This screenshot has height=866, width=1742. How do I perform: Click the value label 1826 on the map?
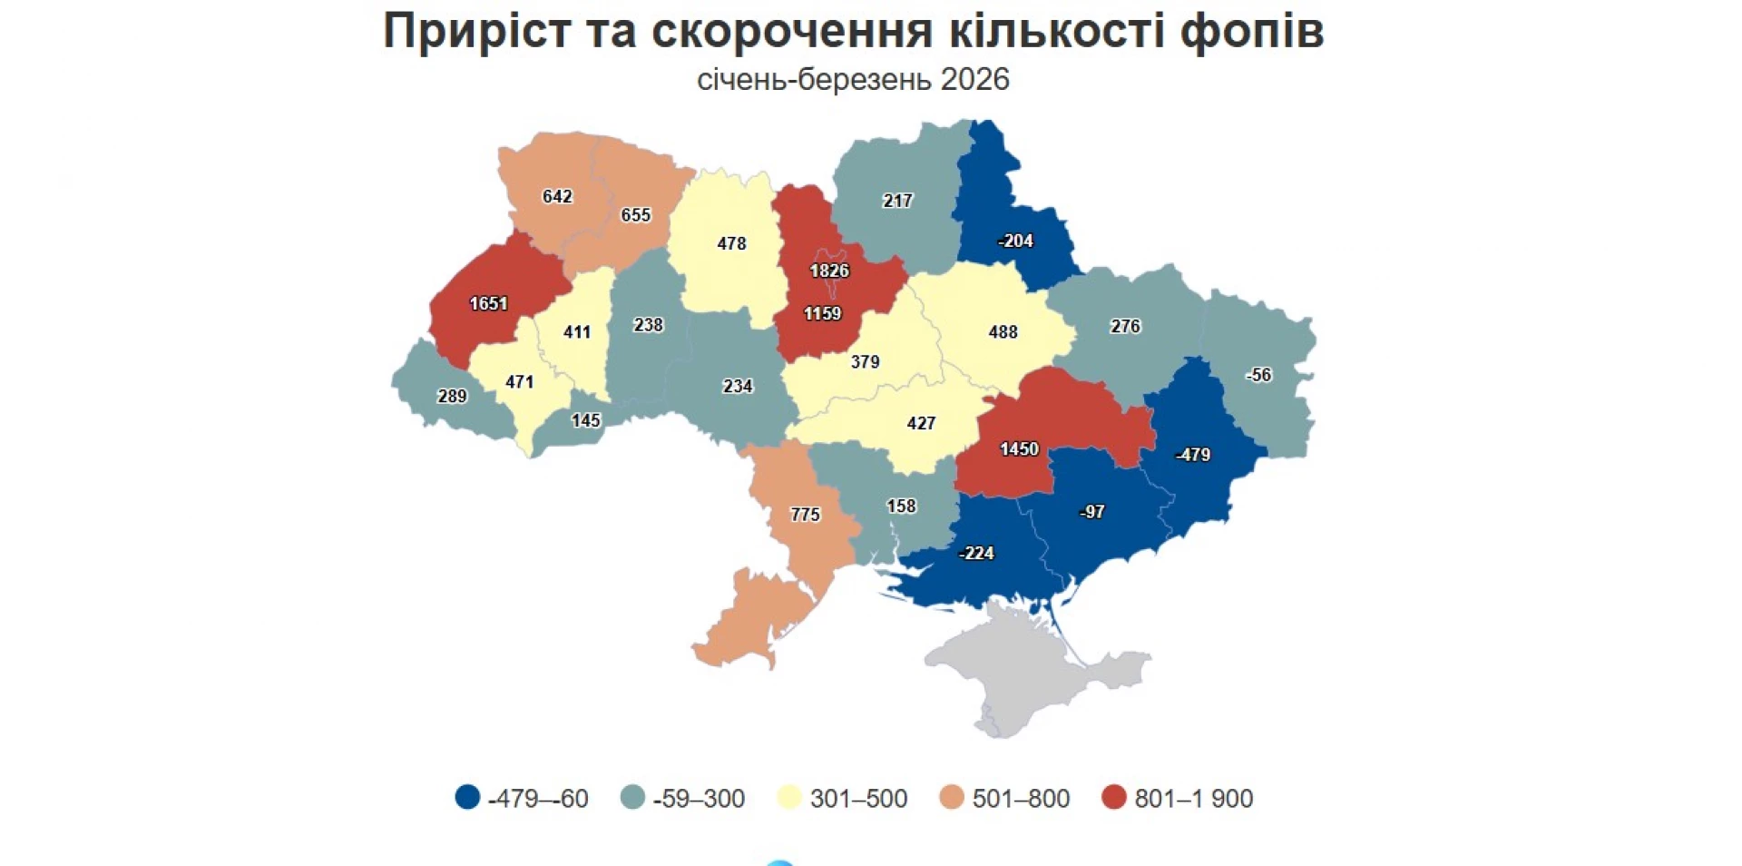click(829, 271)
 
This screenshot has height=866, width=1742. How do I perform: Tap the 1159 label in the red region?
click(822, 314)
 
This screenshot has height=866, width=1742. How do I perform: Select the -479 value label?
click(1192, 455)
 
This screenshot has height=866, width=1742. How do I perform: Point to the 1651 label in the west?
click(488, 304)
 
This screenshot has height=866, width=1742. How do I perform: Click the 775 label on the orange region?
click(805, 515)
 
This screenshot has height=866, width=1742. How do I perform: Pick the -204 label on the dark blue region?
click(1015, 241)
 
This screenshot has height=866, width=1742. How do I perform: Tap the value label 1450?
click(1019, 449)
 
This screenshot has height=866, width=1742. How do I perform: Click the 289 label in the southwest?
click(452, 397)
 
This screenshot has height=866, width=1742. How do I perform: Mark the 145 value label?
click(585, 421)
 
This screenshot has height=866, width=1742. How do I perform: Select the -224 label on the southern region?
click(976, 553)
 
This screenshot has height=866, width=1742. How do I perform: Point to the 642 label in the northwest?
click(557, 197)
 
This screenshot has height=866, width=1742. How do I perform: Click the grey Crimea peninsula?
click(1025, 672)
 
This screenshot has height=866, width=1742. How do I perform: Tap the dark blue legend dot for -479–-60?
click(467, 798)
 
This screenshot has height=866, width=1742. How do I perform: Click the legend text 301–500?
click(858, 799)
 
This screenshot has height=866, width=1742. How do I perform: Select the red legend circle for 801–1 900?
click(1113, 798)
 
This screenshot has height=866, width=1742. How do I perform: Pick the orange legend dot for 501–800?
click(952, 798)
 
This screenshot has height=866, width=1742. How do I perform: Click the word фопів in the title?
click(1252, 31)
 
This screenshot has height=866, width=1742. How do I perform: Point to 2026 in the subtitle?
click(974, 80)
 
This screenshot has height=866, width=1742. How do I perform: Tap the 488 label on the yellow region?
click(1003, 332)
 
